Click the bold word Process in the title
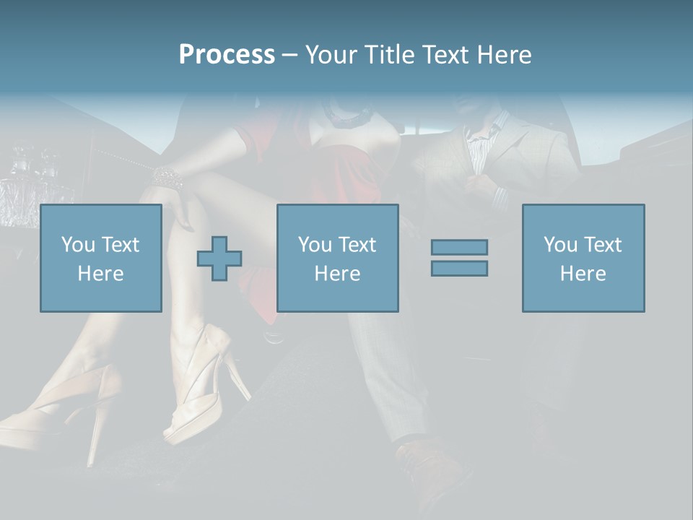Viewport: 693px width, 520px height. (x=227, y=55)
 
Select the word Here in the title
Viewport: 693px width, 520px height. (x=503, y=55)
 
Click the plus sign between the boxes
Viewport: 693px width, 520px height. (x=219, y=259)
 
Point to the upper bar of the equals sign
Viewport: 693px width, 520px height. (x=459, y=247)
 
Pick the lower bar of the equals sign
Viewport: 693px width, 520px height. (x=459, y=268)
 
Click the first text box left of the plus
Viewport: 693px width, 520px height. (x=100, y=258)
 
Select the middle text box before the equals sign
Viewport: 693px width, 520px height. (x=337, y=258)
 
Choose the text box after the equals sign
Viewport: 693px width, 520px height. (x=583, y=258)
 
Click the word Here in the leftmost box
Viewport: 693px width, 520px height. (x=100, y=274)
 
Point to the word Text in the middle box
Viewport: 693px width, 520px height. (x=357, y=245)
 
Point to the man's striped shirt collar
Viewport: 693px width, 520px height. (x=484, y=137)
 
